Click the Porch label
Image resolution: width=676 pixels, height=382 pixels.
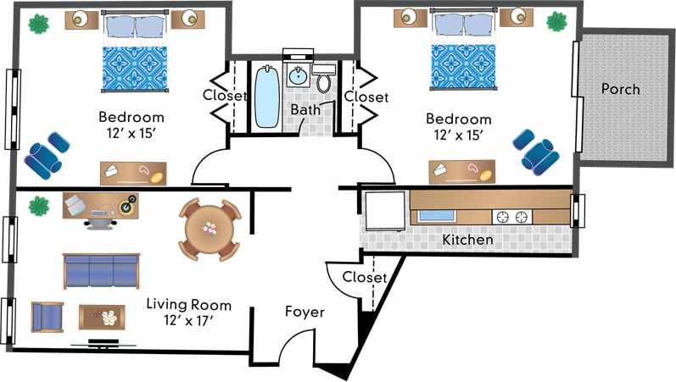[620, 89]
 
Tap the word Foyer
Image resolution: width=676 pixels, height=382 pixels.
[304, 313]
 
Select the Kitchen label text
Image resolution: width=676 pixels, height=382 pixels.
[467, 240]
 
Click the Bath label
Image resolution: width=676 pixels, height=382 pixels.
[305, 110]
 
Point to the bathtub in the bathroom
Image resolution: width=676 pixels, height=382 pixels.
[266, 96]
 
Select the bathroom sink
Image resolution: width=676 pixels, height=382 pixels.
[298, 77]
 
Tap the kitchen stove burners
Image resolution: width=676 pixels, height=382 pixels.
[510, 217]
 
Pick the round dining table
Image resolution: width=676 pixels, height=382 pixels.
[210, 229]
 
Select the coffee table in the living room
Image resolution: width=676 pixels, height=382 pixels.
[103, 317]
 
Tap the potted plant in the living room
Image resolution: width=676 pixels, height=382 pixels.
[37, 206]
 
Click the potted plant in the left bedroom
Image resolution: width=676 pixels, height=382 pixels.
[37, 24]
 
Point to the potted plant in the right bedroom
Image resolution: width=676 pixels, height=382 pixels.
[556, 21]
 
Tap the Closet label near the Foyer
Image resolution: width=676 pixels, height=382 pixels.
[365, 278]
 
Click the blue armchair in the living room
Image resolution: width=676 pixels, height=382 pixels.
[47, 317]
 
